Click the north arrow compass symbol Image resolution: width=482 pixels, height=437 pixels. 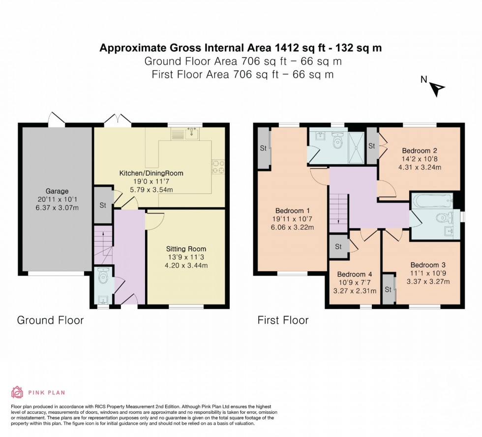click(438, 89)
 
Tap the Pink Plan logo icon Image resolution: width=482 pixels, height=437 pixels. click(17, 392)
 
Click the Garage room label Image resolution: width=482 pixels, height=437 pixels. click(58, 191)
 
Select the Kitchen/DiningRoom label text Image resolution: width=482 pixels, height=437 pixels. click(151, 173)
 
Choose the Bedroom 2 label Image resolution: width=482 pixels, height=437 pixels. click(420, 151)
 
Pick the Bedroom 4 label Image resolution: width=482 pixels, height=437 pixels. click(354, 274)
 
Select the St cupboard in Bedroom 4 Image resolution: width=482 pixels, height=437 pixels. click(338, 246)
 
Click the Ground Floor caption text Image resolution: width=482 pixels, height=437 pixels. click(50, 320)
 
